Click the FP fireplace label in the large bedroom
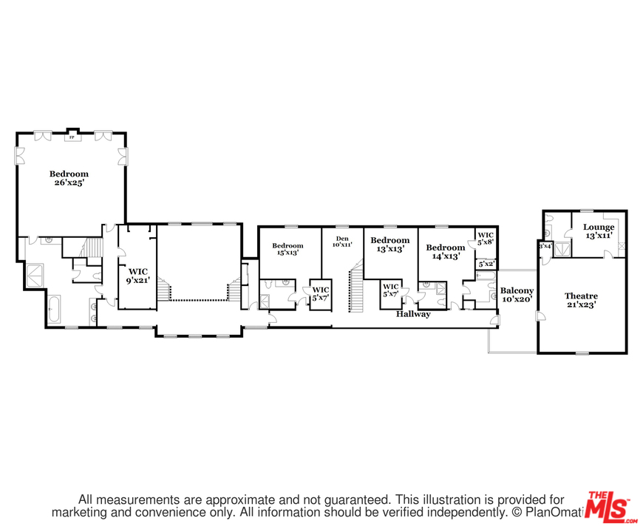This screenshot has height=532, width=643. (72, 137)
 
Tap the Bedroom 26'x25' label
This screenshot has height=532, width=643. (69, 178)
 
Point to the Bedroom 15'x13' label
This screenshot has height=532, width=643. (288, 250)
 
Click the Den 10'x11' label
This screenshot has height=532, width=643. (341, 242)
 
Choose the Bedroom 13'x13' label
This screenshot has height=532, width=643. (389, 245)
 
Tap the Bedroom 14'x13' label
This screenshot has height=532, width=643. (444, 251)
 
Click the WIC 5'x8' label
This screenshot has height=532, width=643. (485, 239)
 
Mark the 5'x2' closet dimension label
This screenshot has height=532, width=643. (486, 264)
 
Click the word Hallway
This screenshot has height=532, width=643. (412, 314)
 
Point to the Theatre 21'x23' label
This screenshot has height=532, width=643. (581, 300)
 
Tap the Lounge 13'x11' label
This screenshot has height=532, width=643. (598, 231)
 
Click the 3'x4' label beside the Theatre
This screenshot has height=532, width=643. (545, 246)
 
